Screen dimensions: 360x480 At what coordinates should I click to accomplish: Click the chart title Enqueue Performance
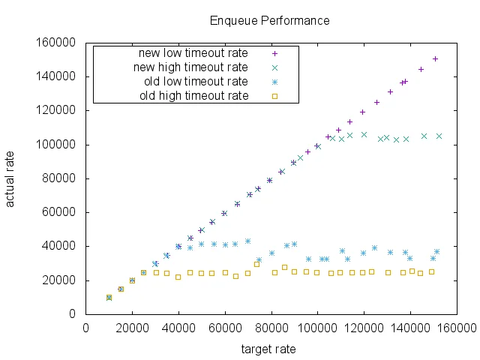[269, 20]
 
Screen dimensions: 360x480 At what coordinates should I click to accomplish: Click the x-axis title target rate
[268, 349]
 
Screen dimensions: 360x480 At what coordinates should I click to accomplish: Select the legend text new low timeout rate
[193, 53]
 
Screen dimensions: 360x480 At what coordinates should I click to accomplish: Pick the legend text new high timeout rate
[190, 67]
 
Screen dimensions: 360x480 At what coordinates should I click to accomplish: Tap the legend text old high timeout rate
[193, 95]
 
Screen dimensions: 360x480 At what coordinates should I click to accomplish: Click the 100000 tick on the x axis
[317, 328]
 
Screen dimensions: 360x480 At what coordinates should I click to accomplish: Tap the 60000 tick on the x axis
[225, 328]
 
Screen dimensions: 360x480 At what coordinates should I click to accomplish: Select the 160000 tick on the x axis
[456, 328]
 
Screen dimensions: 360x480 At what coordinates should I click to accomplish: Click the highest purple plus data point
[435, 58]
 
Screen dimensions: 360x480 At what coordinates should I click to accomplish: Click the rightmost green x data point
[439, 136]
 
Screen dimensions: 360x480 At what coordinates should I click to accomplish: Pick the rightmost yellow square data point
[431, 271]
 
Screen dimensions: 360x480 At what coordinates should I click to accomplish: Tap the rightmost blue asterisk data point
[436, 251]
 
